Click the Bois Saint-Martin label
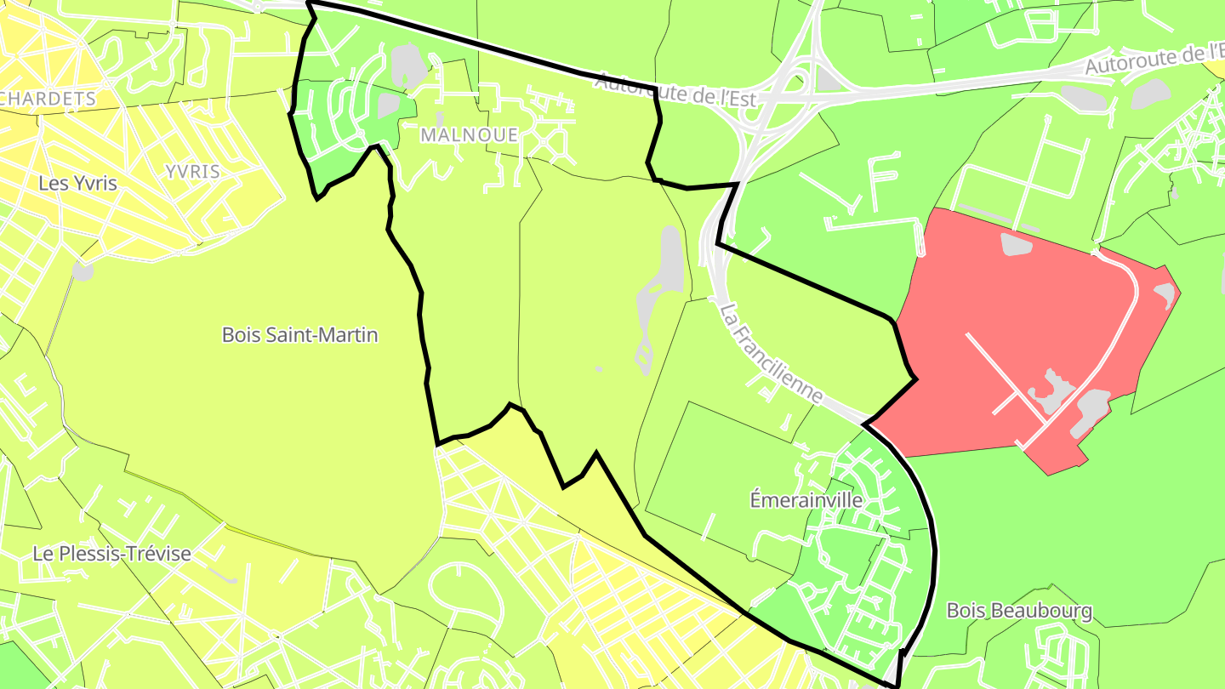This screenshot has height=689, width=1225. coord(299,335)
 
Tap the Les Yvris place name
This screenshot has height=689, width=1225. coord(77,183)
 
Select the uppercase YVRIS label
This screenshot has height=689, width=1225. coord(192,171)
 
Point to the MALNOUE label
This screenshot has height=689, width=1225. coord(469,134)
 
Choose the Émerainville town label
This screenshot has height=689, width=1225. coord(806,500)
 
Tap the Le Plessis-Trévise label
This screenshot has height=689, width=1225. coord(111,554)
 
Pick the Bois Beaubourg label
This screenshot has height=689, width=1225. coord(1019,611)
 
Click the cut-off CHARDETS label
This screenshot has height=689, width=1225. coord(48,99)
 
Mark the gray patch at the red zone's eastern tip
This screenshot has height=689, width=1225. coord(1164,293)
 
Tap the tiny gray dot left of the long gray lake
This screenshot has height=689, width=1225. coord(598,369)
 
